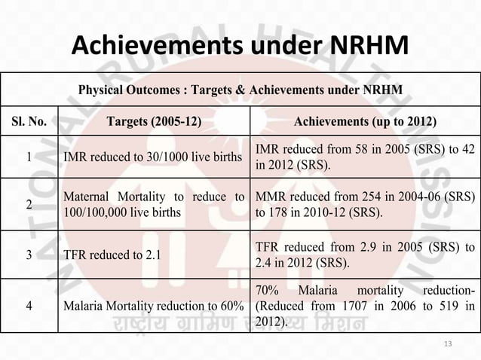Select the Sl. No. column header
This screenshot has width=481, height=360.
point(28,123)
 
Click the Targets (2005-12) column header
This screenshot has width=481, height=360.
point(155,123)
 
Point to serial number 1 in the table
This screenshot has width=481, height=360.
point(28,158)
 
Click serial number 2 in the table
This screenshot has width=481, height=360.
point(28,204)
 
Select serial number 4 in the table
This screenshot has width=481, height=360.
point(28,307)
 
